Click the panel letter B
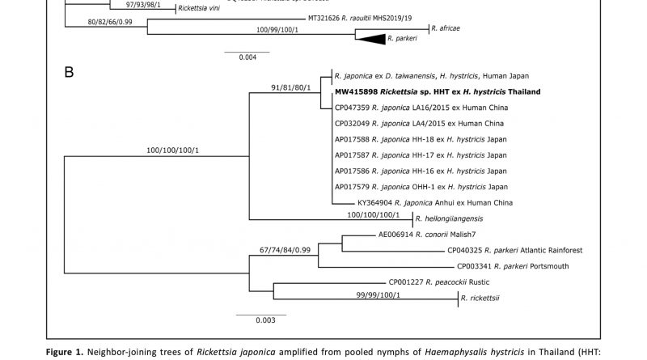(69, 74)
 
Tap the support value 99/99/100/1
(368, 294)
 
